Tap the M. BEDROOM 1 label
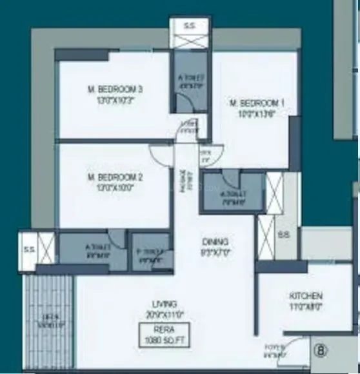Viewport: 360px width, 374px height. [256, 103]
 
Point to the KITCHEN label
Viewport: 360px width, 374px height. [306, 296]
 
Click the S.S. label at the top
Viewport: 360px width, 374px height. [190, 26]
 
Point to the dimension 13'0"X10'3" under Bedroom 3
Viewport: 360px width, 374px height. [115, 100]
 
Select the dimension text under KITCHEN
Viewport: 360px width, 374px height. [306, 306]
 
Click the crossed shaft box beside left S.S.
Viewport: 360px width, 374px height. [46, 247]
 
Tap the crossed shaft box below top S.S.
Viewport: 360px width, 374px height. [190, 41]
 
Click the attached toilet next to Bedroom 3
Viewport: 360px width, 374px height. [190, 82]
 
